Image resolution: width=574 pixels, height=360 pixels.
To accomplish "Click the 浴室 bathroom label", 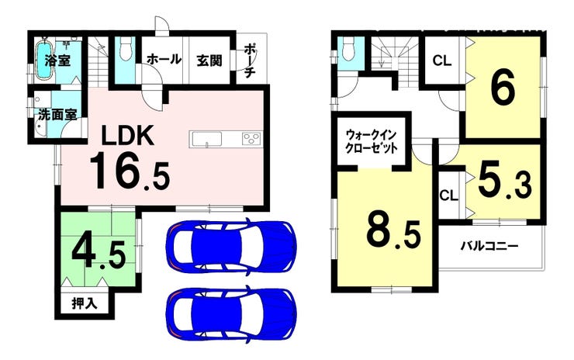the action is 57,61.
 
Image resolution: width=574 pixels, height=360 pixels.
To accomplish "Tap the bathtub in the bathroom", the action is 45,61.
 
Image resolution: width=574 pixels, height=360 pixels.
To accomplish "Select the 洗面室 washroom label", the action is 58,115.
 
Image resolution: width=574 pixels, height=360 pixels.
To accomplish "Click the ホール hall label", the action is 164,59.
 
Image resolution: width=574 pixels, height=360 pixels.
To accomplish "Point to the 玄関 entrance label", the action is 209,61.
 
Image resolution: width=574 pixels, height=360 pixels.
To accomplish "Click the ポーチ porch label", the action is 249,61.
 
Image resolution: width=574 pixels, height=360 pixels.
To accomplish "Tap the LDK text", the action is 127,137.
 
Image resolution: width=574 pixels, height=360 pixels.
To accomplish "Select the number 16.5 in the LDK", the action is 130,172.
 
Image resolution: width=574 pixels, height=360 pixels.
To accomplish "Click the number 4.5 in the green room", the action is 99,254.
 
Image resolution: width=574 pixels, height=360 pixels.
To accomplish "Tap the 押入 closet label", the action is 85,303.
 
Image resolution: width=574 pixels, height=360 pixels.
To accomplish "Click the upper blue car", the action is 231,246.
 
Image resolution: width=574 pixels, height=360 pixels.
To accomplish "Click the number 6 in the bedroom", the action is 503,88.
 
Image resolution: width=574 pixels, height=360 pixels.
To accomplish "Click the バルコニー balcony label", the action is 489,246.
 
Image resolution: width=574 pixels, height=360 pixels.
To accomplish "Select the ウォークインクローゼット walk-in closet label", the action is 372,142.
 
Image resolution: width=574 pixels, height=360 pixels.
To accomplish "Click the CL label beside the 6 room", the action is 442,61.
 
